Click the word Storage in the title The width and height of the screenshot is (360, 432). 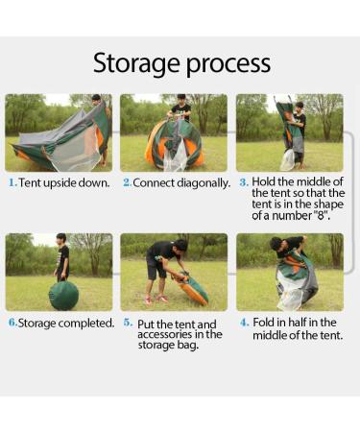click(x=137, y=63)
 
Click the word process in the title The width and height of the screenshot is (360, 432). click(x=228, y=64)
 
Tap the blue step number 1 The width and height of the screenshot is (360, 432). click(x=12, y=182)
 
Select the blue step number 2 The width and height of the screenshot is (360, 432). click(x=127, y=182)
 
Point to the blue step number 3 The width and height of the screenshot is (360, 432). click(x=244, y=182)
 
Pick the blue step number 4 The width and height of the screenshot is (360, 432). click(x=245, y=323)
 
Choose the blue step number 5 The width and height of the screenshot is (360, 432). click(x=128, y=323)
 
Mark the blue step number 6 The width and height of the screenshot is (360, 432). click(x=12, y=323)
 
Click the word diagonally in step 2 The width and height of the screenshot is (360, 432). click(x=204, y=183)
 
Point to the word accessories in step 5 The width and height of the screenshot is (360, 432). click(x=162, y=334)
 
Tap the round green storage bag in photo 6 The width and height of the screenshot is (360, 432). click(x=63, y=295)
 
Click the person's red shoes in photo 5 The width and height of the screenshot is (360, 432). click(x=156, y=300)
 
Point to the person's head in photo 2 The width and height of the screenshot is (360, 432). click(x=181, y=99)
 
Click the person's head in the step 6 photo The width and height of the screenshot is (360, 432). click(x=60, y=239)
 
